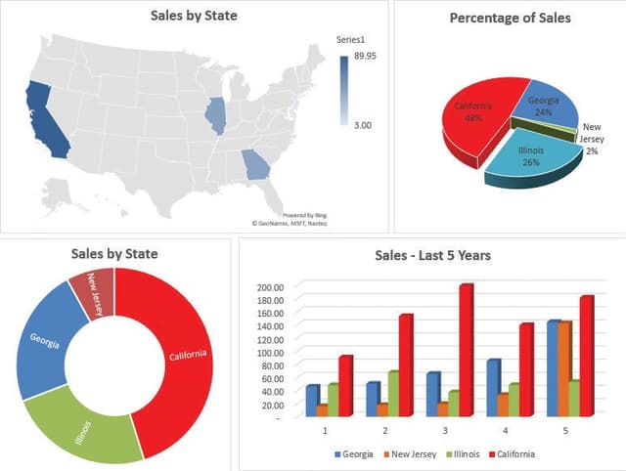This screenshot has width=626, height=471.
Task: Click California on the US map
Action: coord(44,117)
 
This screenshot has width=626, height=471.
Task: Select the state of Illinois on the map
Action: coord(215,116)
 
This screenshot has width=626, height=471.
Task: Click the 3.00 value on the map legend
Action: coord(362,125)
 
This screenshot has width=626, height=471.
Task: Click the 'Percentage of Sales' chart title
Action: coord(510,18)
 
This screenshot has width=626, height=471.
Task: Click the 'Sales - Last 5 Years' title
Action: coord(432,256)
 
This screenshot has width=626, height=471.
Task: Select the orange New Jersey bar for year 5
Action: coord(565,367)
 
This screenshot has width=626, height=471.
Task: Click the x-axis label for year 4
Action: coord(505,430)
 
